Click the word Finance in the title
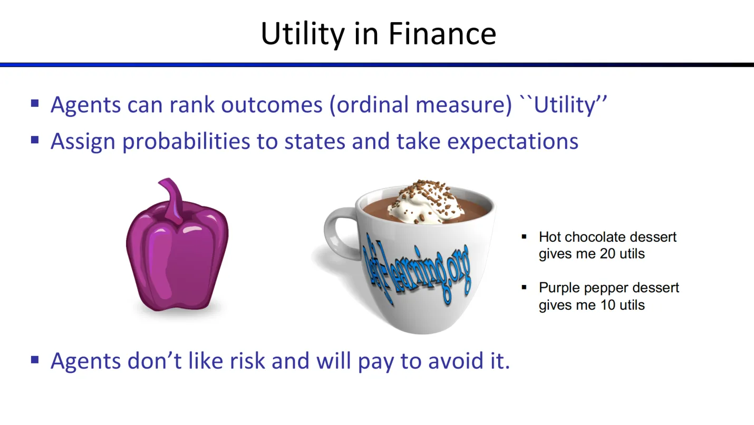[x=442, y=34]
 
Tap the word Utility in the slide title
[x=303, y=35]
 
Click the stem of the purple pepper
[x=172, y=199]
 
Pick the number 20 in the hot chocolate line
[x=607, y=253]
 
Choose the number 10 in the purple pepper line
[x=608, y=305]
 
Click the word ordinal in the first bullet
[x=369, y=104]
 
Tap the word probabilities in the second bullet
[x=186, y=141]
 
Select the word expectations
[x=513, y=142]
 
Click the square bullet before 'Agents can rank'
[x=35, y=103]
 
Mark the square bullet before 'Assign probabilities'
[x=35, y=140]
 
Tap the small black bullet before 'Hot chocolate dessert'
[x=524, y=236]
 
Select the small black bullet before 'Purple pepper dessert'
[x=524, y=288]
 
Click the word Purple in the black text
[x=559, y=288]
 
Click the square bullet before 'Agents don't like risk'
[x=35, y=360]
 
